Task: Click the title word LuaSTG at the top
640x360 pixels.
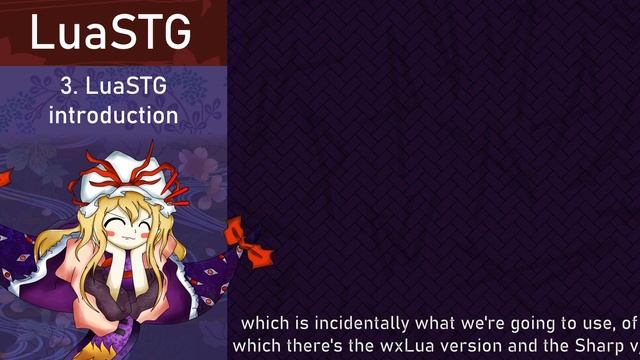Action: (x=111, y=32)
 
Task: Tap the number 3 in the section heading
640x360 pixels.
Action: (x=66, y=88)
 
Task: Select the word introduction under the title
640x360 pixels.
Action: (x=114, y=115)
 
